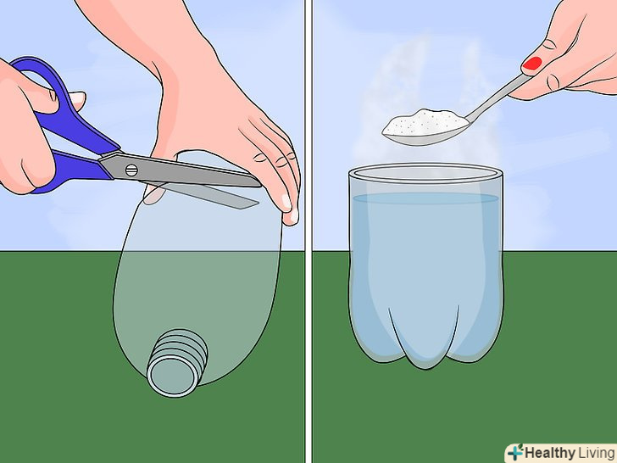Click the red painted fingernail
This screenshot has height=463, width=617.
pyautogui.click(x=531, y=64)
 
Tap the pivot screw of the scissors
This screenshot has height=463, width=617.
pyautogui.click(x=131, y=170)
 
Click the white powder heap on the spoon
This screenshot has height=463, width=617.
pyautogui.click(x=424, y=121)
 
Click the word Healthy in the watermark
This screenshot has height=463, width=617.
pyautogui.click(x=549, y=453)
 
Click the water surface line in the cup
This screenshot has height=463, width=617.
pyautogui.click(x=425, y=198)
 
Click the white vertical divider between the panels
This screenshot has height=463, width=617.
pyautogui.click(x=308, y=231)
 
